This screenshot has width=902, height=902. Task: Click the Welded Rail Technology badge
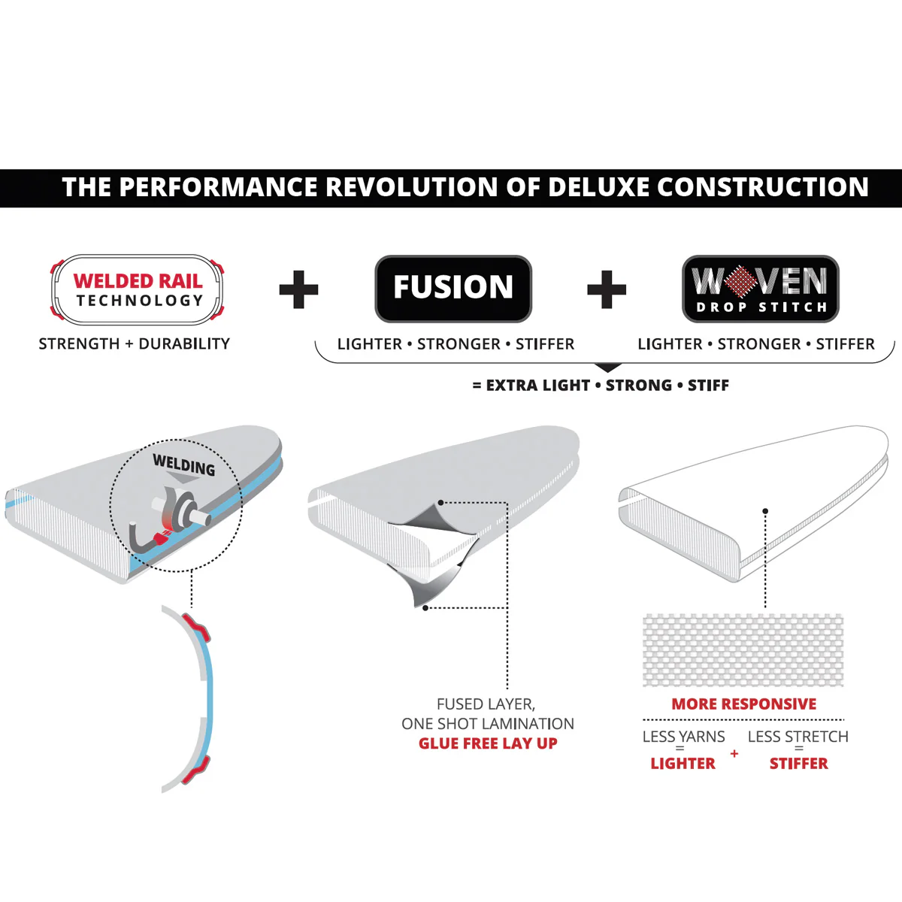pyautogui.click(x=137, y=289)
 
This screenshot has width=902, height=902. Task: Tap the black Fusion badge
pyautogui.click(x=453, y=289)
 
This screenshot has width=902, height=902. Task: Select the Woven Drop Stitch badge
pyautogui.click(x=761, y=289)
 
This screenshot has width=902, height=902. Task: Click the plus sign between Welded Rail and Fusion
pyautogui.click(x=298, y=289)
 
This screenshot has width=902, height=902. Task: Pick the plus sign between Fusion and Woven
pyautogui.click(x=607, y=289)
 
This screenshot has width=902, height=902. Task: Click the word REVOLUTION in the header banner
pyautogui.click(x=410, y=186)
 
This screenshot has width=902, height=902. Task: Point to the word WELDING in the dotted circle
pyautogui.click(x=184, y=465)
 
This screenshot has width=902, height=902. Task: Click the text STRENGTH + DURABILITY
pyautogui.click(x=135, y=344)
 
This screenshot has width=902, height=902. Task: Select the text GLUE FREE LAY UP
pyautogui.click(x=488, y=743)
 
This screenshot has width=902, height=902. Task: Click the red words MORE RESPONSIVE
pyautogui.click(x=744, y=704)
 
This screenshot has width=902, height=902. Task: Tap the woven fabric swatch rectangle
pyautogui.click(x=743, y=650)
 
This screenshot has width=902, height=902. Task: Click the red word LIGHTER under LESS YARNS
pyautogui.click(x=683, y=764)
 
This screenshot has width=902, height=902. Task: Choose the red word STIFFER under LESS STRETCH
pyautogui.click(x=798, y=764)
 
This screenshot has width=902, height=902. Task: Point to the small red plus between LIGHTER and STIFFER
pyautogui.click(x=734, y=753)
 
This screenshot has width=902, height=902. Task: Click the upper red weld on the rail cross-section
pyautogui.click(x=197, y=626)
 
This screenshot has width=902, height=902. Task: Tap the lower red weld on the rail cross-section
pyautogui.click(x=195, y=769)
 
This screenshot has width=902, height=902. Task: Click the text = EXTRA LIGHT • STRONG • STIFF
pyautogui.click(x=601, y=386)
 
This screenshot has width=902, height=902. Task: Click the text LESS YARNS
pyautogui.click(x=683, y=737)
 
